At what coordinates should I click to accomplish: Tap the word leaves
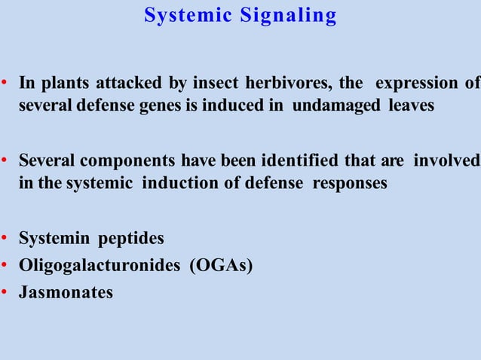[x=411, y=105]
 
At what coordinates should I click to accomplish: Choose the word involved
[x=452, y=161]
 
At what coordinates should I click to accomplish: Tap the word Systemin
[x=51, y=239]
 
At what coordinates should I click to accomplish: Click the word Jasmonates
[x=66, y=292]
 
